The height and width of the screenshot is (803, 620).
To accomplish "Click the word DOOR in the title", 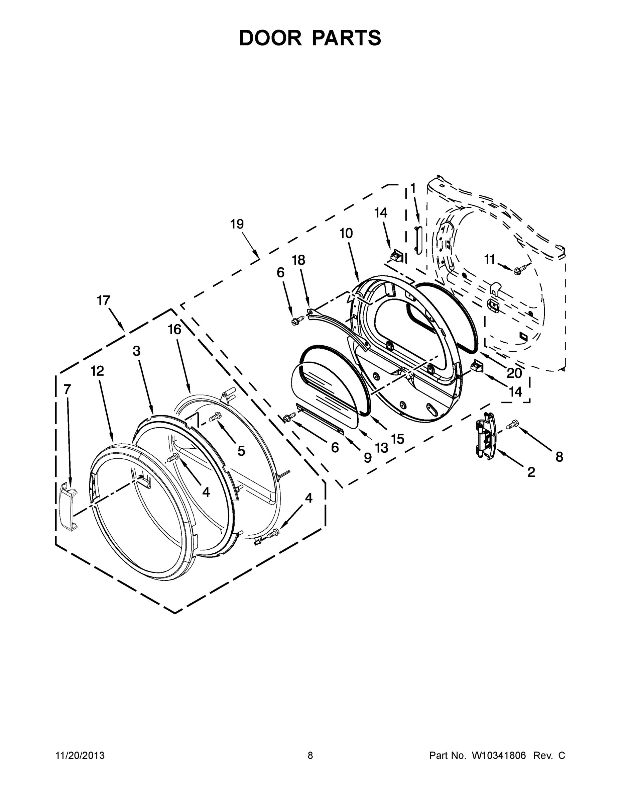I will click(270, 38).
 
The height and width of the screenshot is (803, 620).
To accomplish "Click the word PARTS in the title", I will click(347, 38).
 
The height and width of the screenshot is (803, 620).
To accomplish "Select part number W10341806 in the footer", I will click(499, 755).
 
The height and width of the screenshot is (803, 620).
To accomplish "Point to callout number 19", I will click(237, 224).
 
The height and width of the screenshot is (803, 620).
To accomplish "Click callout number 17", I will click(104, 300).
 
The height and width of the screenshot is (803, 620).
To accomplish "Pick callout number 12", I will click(97, 371).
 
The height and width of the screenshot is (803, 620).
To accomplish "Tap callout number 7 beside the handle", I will click(67, 389).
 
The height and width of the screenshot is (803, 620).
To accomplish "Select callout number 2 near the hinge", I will click(531, 472).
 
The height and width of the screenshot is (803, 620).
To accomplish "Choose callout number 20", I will click(514, 373).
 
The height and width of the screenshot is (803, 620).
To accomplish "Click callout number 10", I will click(346, 233).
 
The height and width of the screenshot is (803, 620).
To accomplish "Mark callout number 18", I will click(298, 260).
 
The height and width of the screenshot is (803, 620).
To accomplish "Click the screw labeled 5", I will click(215, 417).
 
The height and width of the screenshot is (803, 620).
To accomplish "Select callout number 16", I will click(174, 330).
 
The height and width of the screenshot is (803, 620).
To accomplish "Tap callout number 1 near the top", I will click(413, 188).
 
